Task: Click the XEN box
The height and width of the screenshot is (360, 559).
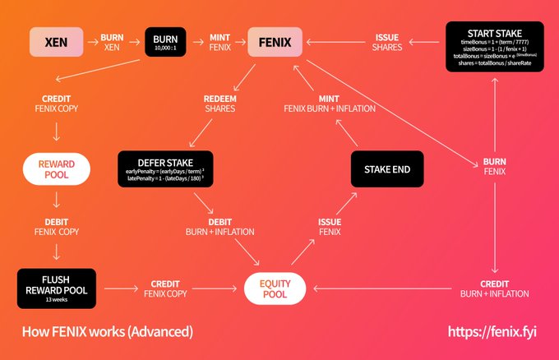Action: (x=57, y=42)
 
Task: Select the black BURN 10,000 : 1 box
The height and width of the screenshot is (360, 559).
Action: (x=166, y=42)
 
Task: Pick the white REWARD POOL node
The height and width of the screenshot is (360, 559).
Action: (x=56, y=169)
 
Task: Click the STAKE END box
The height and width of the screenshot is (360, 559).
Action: (x=386, y=170)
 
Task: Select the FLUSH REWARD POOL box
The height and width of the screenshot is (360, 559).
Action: (x=56, y=287)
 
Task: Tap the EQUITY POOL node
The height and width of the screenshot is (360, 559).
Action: (x=275, y=288)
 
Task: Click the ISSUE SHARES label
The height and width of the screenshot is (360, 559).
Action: (x=386, y=42)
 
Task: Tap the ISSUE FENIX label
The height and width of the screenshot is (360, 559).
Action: (x=330, y=227)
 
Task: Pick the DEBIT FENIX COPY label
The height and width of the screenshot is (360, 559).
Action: (x=55, y=227)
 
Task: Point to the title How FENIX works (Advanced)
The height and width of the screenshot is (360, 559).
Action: (x=108, y=332)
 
